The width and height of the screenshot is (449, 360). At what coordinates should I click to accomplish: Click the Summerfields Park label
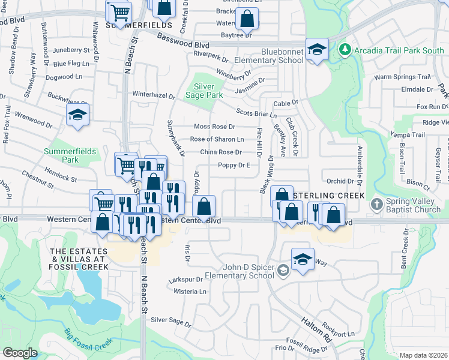(70, 155)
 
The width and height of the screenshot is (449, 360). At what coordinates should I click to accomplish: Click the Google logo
(20, 353)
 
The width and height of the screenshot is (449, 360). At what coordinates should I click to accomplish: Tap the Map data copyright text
(423, 355)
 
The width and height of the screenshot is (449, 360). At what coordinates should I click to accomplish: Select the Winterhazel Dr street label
(153, 95)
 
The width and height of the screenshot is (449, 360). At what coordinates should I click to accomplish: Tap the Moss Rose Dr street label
(214, 127)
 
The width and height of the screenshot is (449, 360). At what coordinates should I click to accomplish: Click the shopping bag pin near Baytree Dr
(247, 19)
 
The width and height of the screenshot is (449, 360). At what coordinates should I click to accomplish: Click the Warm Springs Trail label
(403, 77)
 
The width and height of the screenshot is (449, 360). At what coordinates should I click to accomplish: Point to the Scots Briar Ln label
(256, 113)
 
